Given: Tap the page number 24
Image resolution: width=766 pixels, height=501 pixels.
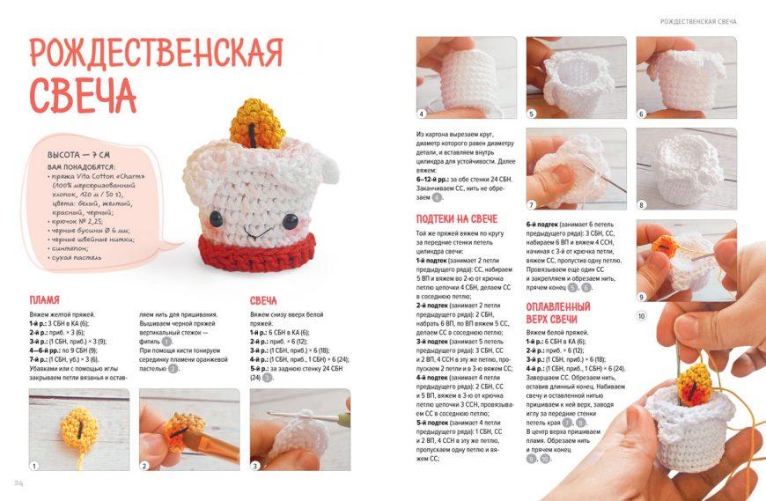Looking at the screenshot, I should pos(18,483).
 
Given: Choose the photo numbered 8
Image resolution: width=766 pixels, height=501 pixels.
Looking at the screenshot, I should pos(674,170).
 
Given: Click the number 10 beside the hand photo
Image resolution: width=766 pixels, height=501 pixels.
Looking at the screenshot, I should pos(641,316).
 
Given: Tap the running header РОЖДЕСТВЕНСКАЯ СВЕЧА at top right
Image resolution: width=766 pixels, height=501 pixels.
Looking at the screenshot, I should pos(697,21).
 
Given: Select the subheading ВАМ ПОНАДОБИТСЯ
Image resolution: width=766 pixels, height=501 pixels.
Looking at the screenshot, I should pos(79,166).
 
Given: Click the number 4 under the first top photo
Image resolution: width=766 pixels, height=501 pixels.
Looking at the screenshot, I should pos(422,114).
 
